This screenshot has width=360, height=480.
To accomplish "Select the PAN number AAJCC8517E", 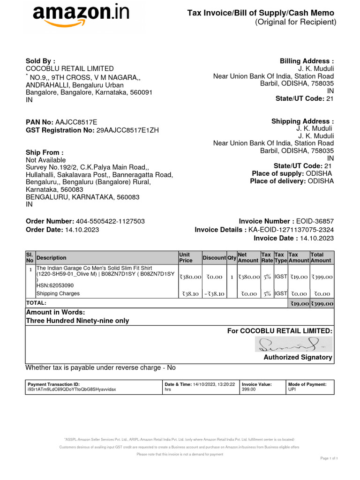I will pyautogui.click(x=76, y=122).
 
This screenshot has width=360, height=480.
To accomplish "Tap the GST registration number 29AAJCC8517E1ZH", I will pyautogui.click(x=127, y=130).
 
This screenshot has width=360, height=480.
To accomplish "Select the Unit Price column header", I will pyautogui.click(x=186, y=257).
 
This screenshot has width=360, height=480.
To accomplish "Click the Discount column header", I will pyautogui.click(x=214, y=258).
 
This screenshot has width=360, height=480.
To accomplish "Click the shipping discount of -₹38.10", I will pyautogui.click(x=214, y=294).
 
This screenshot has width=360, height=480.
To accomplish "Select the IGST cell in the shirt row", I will pyautogui.click(x=281, y=277).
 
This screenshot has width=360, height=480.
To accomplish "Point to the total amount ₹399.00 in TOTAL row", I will pyautogui.click(x=322, y=304).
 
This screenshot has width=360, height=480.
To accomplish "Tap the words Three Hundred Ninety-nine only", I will pyautogui.click(x=77, y=321).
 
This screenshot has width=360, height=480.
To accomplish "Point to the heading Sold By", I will pyautogui.click(x=40, y=61).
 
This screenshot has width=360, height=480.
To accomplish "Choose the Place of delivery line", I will pyautogui.click(x=292, y=181).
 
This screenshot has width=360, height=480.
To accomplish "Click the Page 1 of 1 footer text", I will pyautogui.click(x=329, y=458).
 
